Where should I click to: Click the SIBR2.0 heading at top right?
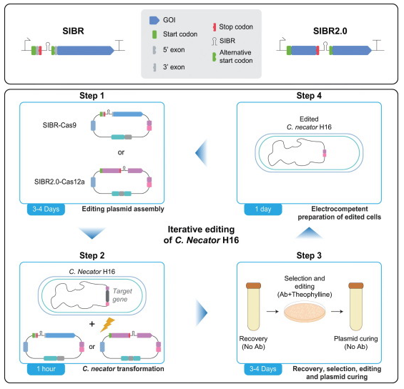330,31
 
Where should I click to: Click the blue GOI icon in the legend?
154,20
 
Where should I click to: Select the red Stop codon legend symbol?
214,27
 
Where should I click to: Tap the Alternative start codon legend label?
236,56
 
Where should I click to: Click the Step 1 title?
92,96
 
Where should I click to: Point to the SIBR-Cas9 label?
59,125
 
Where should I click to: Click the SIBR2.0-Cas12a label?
59,182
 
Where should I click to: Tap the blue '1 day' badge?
263,210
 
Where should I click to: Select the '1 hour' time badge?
46,369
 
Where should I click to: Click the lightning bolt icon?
107,325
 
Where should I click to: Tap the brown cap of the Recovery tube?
253,285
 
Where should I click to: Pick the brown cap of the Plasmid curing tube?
356,285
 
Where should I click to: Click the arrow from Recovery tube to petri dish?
272,312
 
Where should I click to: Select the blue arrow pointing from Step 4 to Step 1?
201,153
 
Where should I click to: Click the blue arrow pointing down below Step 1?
92,233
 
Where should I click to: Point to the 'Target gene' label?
122,295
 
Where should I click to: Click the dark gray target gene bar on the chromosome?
107,296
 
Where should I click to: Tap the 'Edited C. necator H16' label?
309,123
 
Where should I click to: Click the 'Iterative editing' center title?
201,230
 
